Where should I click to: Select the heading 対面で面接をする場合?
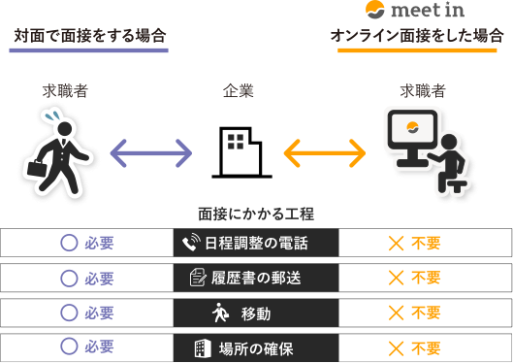(89, 36)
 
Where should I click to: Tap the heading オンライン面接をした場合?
(418, 36)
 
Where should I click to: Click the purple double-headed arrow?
(150, 152)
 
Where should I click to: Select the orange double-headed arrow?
(324, 152)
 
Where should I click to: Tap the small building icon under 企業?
(236, 143)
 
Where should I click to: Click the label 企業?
(236, 94)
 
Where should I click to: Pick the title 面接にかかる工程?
(256, 214)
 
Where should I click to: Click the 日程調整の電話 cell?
(256, 243)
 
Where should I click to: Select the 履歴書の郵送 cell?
(256, 278)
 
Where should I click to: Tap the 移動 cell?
(256, 313)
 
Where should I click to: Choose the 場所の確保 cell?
(256, 347)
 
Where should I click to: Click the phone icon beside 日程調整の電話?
(190, 243)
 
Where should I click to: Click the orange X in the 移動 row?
(396, 313)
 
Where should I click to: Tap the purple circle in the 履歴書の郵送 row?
(69, 278)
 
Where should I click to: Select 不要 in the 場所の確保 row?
(426, 347)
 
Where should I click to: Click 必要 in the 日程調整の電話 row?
(100, 243)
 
